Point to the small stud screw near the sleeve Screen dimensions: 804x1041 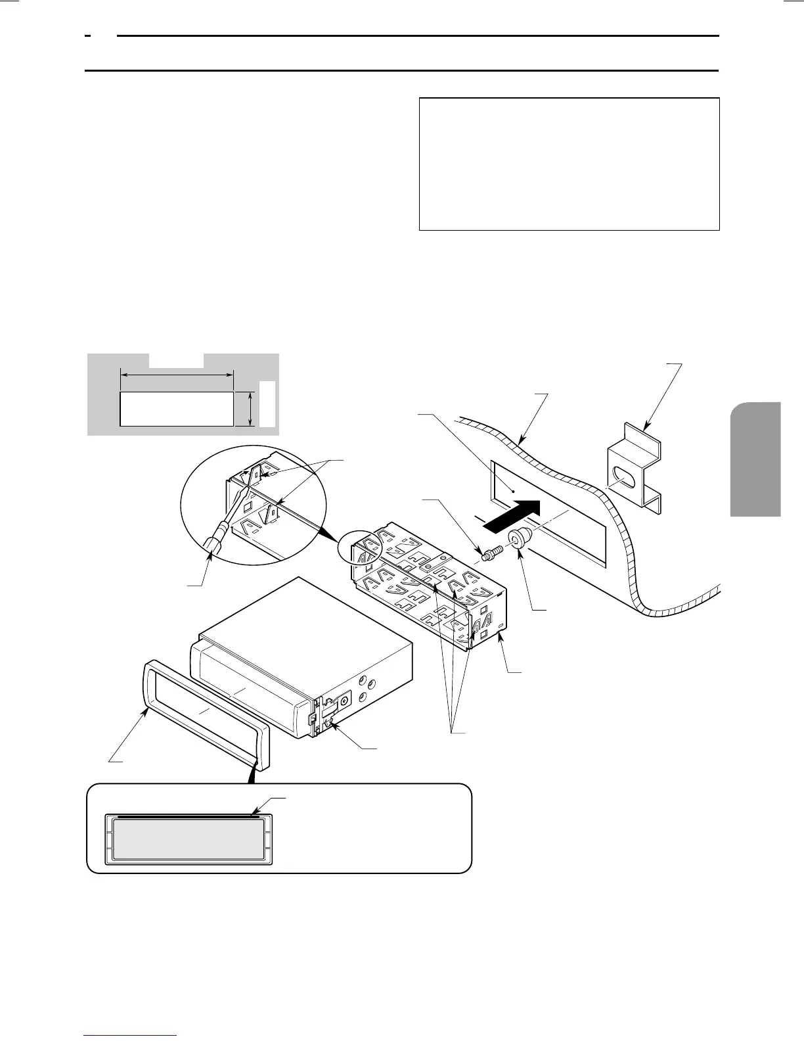click(491, 553)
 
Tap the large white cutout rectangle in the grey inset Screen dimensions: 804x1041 click(176, 409)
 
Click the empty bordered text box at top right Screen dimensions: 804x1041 click(569, 164)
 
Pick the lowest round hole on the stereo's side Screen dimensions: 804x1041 click(363, 697)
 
